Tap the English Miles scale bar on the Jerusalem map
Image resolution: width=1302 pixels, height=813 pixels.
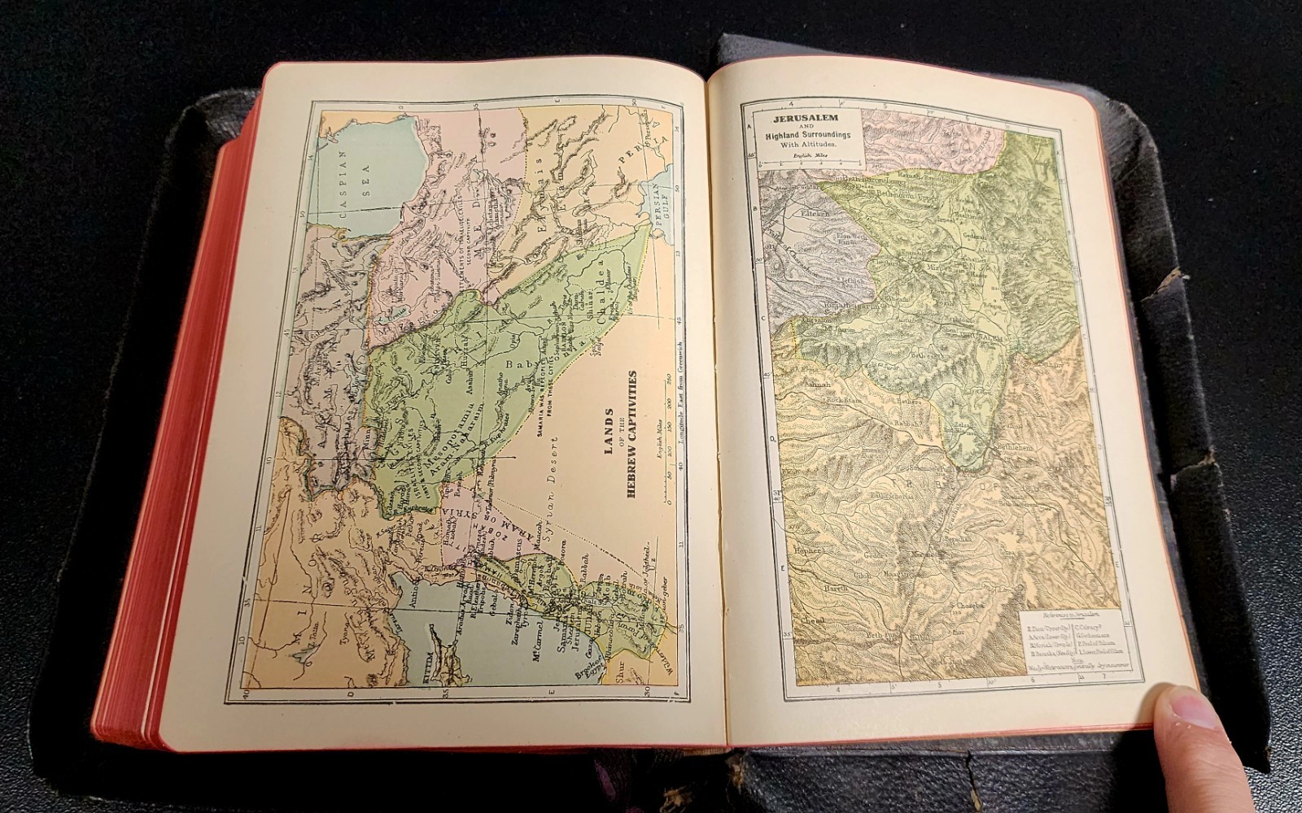(x=806, y=162)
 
